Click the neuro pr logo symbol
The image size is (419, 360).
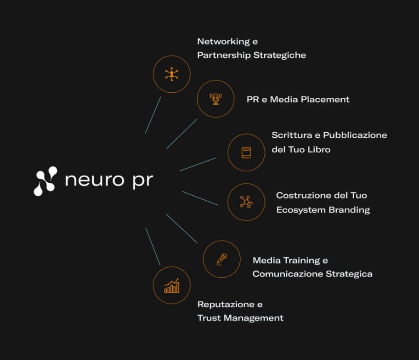[x=45, y=180]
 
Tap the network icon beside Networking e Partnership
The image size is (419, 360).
[x=171, y=74]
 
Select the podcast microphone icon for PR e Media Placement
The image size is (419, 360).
[x=215, y=98]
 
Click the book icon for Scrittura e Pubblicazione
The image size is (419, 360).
[x=247, y=152]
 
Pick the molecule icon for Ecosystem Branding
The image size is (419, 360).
[x=246, y=202]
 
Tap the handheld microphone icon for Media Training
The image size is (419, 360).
[x=221, y=259]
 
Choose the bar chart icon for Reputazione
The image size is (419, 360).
[x=171, y=286]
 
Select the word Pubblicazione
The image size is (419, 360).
[x=355, y=135]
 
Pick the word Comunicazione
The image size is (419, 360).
[x=288, y=274]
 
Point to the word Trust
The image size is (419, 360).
[x=209, y=318]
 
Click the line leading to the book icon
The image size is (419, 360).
[x=198, y=164]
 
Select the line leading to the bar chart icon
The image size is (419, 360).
[x=153, y=247]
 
